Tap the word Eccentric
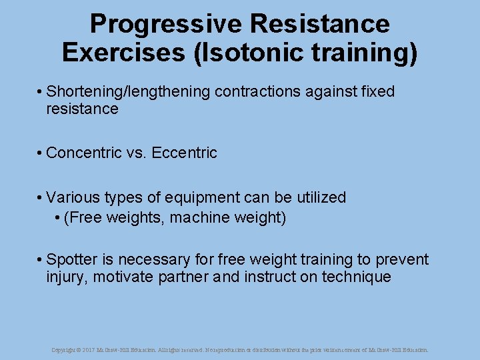coord(185,153)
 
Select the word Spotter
coord(71,259)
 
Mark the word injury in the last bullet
coord(67,277)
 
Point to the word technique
coord(357,277)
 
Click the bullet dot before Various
coord(41,198)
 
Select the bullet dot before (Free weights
coord(58,218)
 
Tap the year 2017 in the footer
coord(89,349)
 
